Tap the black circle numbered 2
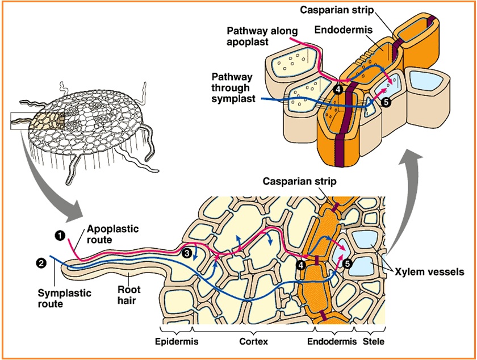pyautogui.click(x=41, y=262)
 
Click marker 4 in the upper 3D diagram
pyautogui.click(x=339, y=89)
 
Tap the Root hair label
pyautogui.click(x=130, y=295)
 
